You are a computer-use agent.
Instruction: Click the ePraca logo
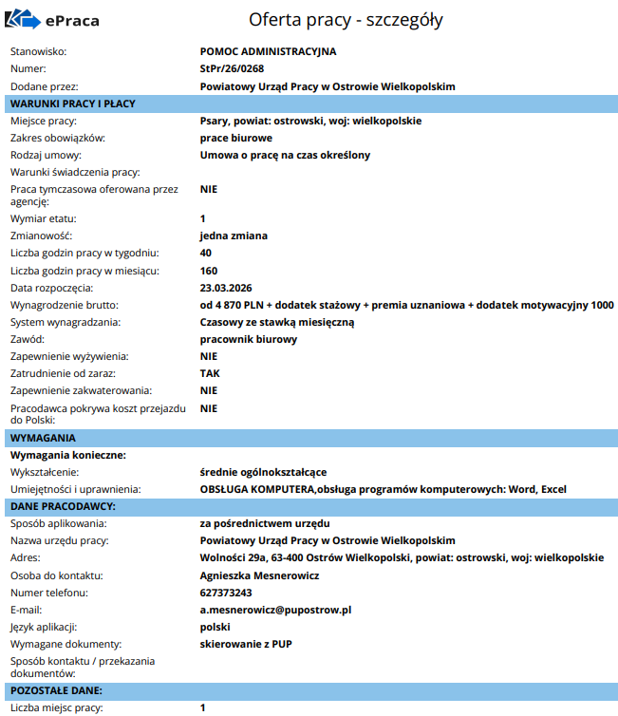53,20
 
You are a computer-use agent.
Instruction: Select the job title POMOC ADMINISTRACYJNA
269,51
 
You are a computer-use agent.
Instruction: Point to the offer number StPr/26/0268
233,68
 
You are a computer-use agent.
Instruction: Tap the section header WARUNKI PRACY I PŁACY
73,104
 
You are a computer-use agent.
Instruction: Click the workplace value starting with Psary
310,121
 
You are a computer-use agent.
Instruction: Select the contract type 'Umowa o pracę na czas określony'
285,155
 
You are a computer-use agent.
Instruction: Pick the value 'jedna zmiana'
234,236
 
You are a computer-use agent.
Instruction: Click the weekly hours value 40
206,253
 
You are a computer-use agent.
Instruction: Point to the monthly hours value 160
209,271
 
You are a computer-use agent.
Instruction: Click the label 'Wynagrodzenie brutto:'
64,305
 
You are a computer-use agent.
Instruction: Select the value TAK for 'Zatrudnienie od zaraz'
210,373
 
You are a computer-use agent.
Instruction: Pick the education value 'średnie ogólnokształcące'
263,472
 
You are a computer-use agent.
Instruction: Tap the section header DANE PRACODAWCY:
63,506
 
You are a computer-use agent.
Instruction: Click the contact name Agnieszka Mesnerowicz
259,575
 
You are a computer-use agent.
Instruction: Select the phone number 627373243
226,593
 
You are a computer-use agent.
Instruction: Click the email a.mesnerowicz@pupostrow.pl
275,610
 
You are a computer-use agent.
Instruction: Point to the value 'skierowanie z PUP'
246,644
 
